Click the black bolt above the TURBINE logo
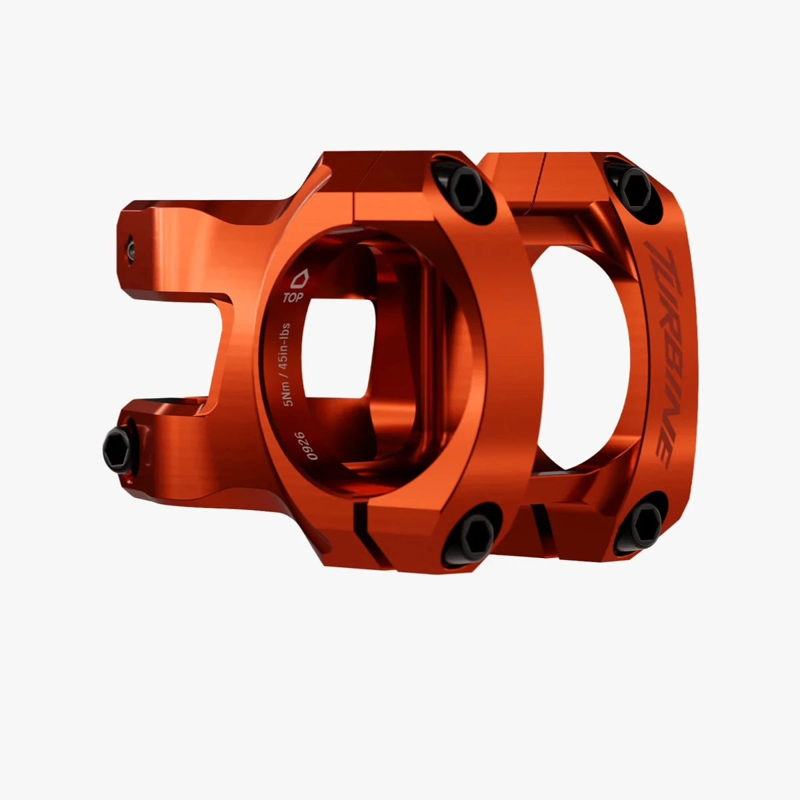pyautogui.click(x=635, y=189)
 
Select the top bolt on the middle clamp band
pyautogui.click(x=466, y=191)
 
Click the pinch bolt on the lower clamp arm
pyautogui.click(x=117, y=451)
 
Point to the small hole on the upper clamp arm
pyautogui.click(x=131, y=249)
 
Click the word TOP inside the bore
pyautogui.click(x=293, y=297)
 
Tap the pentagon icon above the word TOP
pyautogui.click(x=299, y=279)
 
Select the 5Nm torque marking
pyautogui.click(x=289, y=395)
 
